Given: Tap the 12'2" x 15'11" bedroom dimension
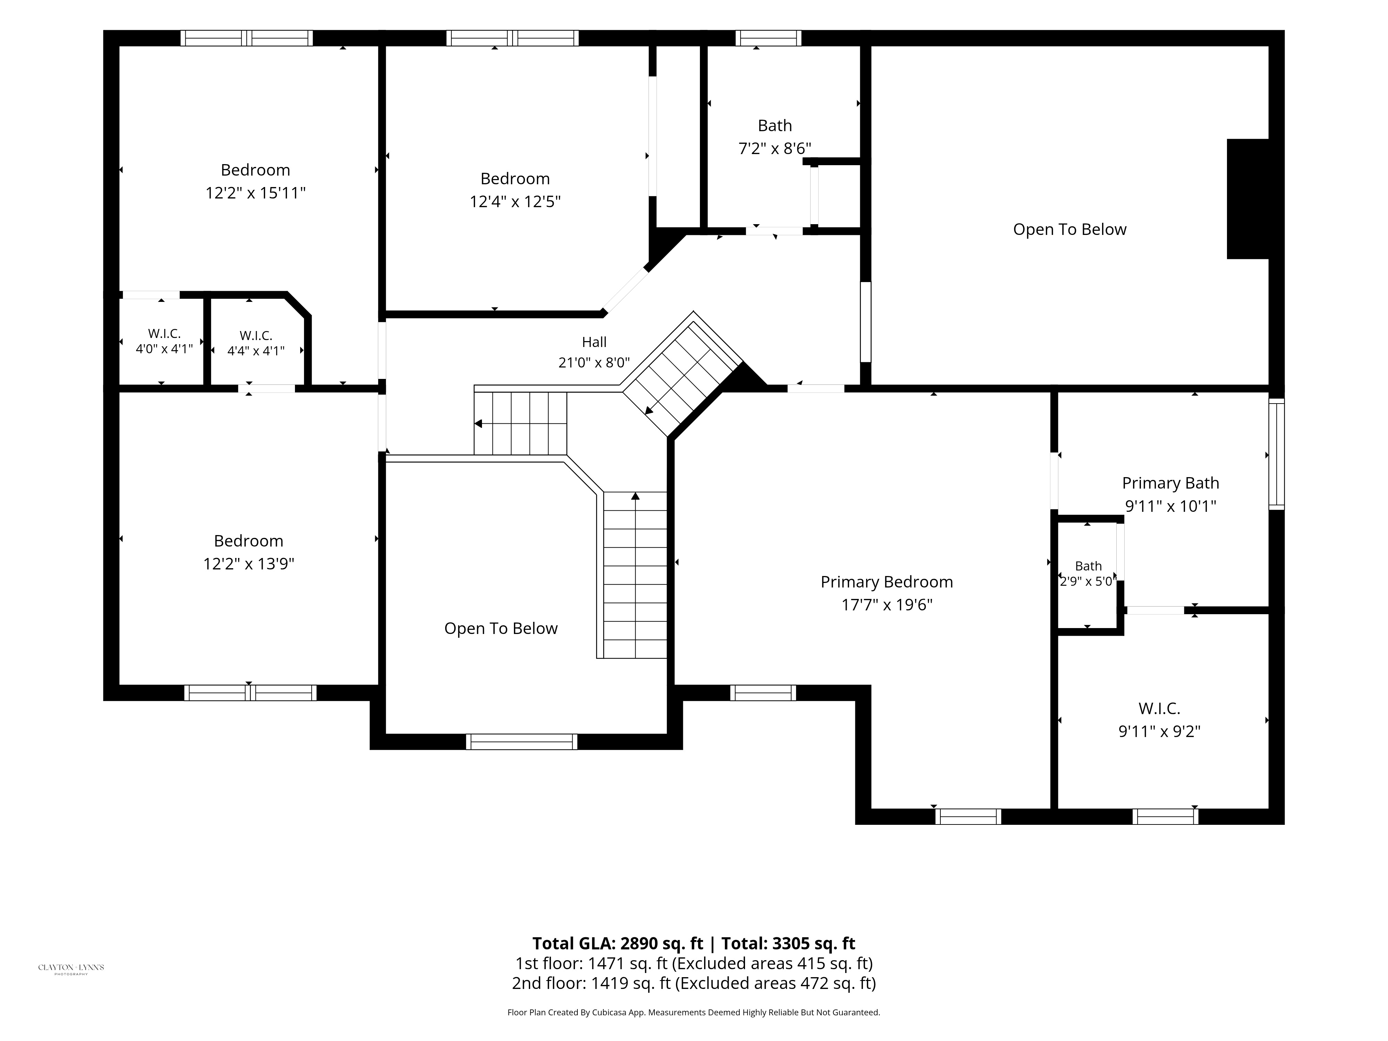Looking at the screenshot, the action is click(255, 193).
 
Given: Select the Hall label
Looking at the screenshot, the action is click(594, 342).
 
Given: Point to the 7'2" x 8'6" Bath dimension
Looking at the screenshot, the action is click(775, 149).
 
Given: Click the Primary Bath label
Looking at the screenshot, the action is click(1171, 483).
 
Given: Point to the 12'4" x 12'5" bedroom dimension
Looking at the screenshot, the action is click(515, 201).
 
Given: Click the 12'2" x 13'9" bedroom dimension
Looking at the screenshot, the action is click(248, 564).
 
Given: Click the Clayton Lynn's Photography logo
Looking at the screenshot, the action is click(71, 968).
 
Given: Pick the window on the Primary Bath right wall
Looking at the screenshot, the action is click(1276, 454).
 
